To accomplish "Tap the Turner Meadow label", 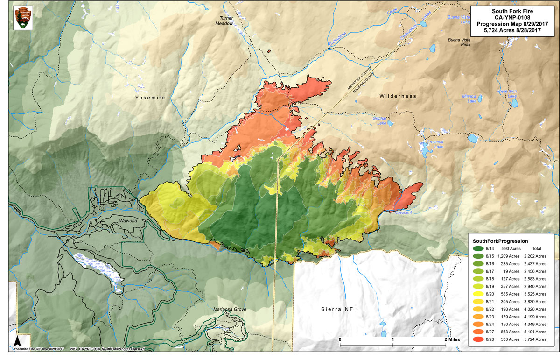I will pyautogui.click(x=223, y=21).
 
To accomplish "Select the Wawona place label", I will pyautogui.click(x=125, y=222).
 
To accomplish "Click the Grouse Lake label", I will pyautogui.click(x=380, y=120).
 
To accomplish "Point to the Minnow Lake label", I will pyautogui.click(x=469, y=98).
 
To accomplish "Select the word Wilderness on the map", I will pyautogui.click(x=397, y=96).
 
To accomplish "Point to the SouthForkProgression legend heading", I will pyautogui.click(x=500, y=240).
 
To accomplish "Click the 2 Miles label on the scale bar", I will pyautogui.click(x=453, y=339).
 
